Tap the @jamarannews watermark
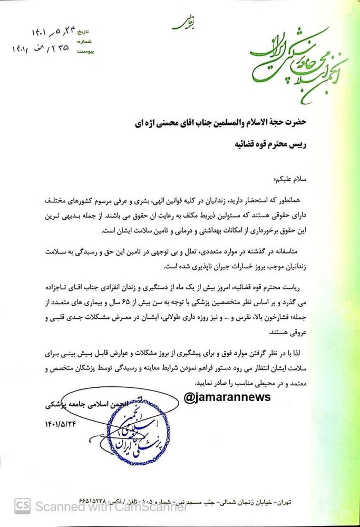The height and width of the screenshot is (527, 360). (x=227, y=397)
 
